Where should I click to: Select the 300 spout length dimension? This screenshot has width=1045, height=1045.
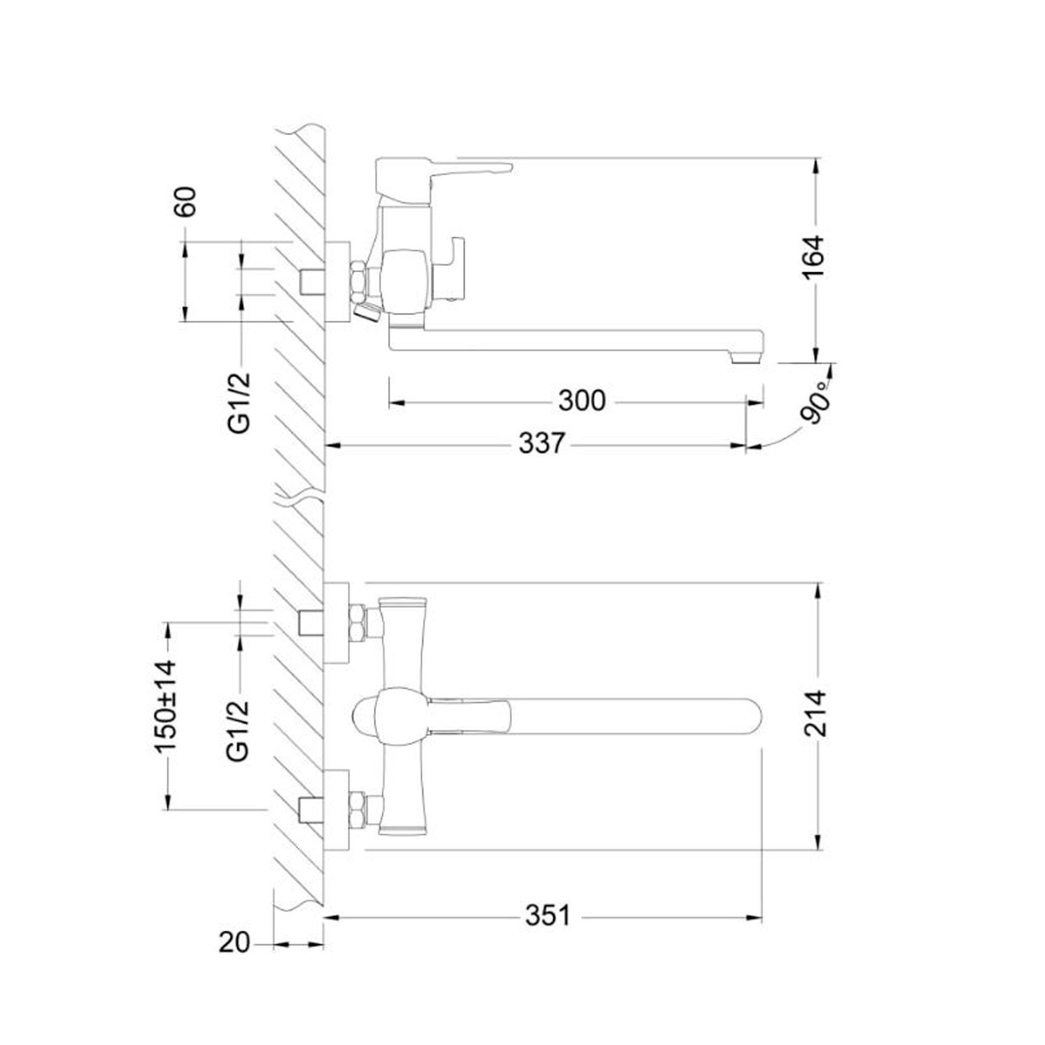coord(582,401)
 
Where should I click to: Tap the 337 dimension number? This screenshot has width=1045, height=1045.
coord(542,443)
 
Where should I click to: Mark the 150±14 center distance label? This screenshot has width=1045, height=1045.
coord(166,706)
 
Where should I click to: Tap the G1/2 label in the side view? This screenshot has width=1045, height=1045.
coord(240,403)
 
